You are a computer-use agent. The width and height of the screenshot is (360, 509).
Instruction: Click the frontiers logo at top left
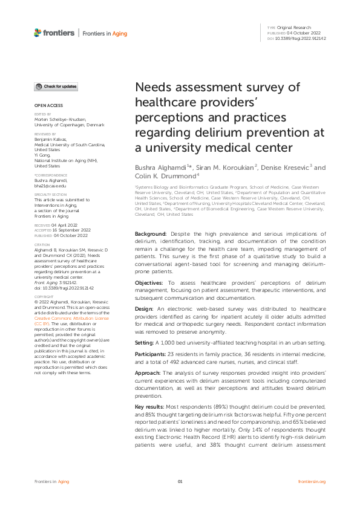click(x=53, y=33)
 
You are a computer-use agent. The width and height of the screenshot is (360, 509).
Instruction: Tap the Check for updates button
click(x=56, y=87)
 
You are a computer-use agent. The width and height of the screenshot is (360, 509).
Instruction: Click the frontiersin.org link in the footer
click(x=312, y=481)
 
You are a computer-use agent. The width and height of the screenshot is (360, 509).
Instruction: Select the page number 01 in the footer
click(x=180, y=481)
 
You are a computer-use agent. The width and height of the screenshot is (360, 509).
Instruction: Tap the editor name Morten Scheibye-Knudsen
click(x=60, y=120)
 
